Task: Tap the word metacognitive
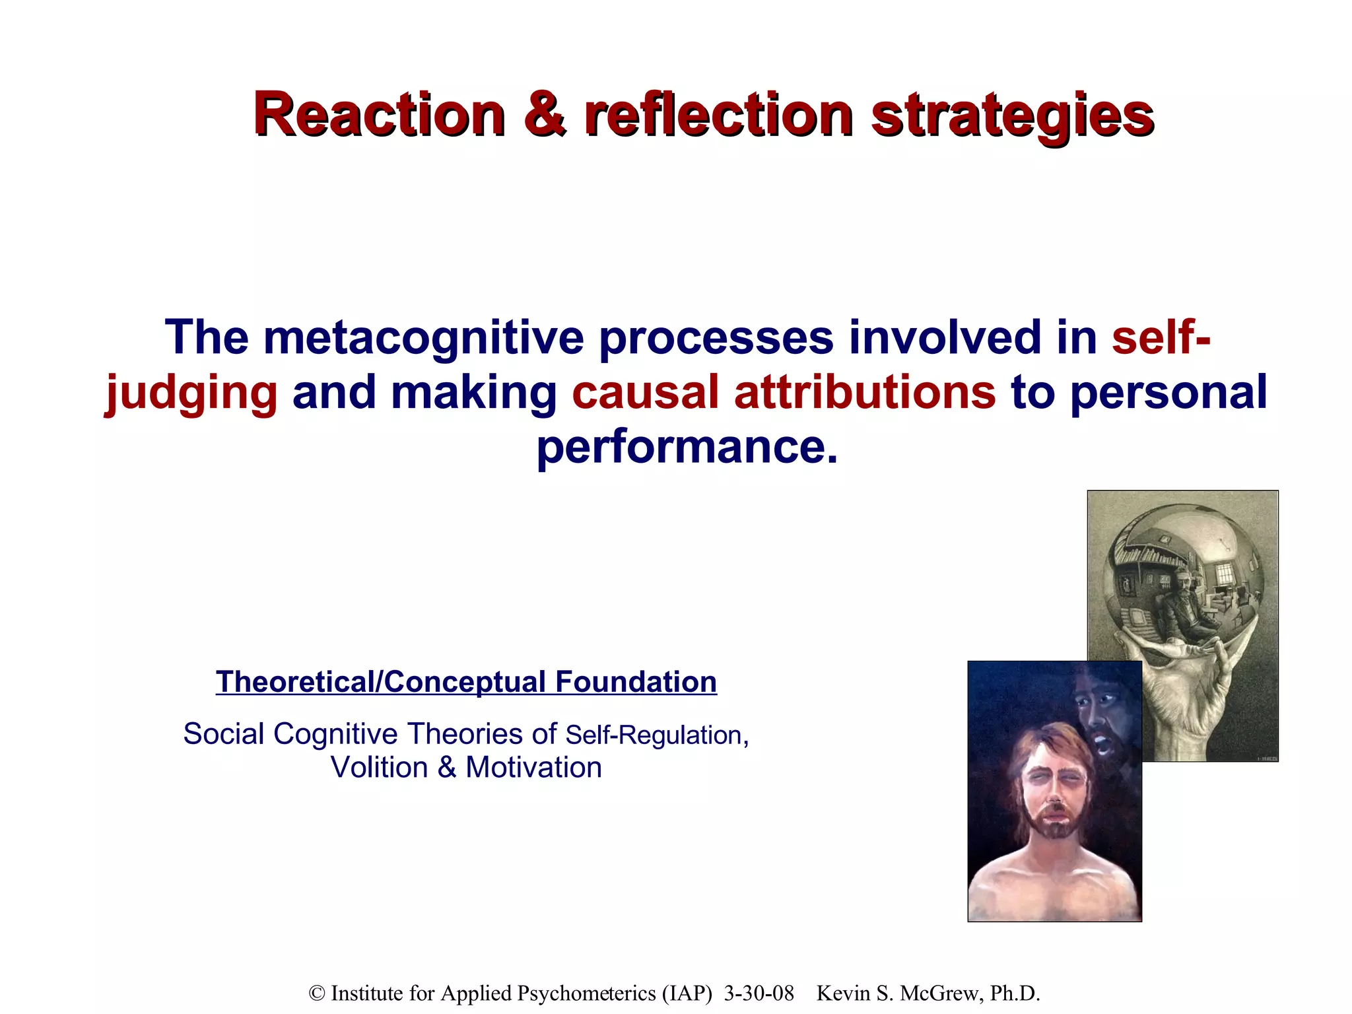pos(423,337)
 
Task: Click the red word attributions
pos(864,391)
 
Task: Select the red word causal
pos(644,391)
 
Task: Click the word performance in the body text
pos(687,448)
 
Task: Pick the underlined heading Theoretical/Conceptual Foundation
pos(466,682)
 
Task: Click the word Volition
pos(380,768)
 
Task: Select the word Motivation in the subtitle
pos(533,768)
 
